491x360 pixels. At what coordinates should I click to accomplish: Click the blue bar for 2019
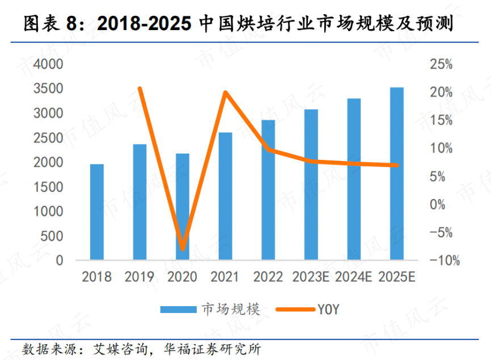(x=139, y=202)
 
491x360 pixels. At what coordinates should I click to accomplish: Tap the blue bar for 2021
(x=225, y=196)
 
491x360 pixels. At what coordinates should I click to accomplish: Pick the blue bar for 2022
(x=268, y=190)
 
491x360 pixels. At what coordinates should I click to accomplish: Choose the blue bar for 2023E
(x=311, y=185)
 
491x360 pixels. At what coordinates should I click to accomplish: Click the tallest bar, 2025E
(x=397, y=173)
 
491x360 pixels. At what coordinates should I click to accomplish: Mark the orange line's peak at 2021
(x=226, y=92)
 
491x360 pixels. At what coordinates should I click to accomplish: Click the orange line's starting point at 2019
(x=139, y=88)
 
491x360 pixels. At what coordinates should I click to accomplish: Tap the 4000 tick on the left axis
(x=51, y=64)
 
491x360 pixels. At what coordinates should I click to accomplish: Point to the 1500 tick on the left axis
(x=51, y=187)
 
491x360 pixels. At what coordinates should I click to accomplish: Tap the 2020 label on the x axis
(x=182, y=277)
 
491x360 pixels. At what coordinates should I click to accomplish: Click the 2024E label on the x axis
(x=353, y=277)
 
